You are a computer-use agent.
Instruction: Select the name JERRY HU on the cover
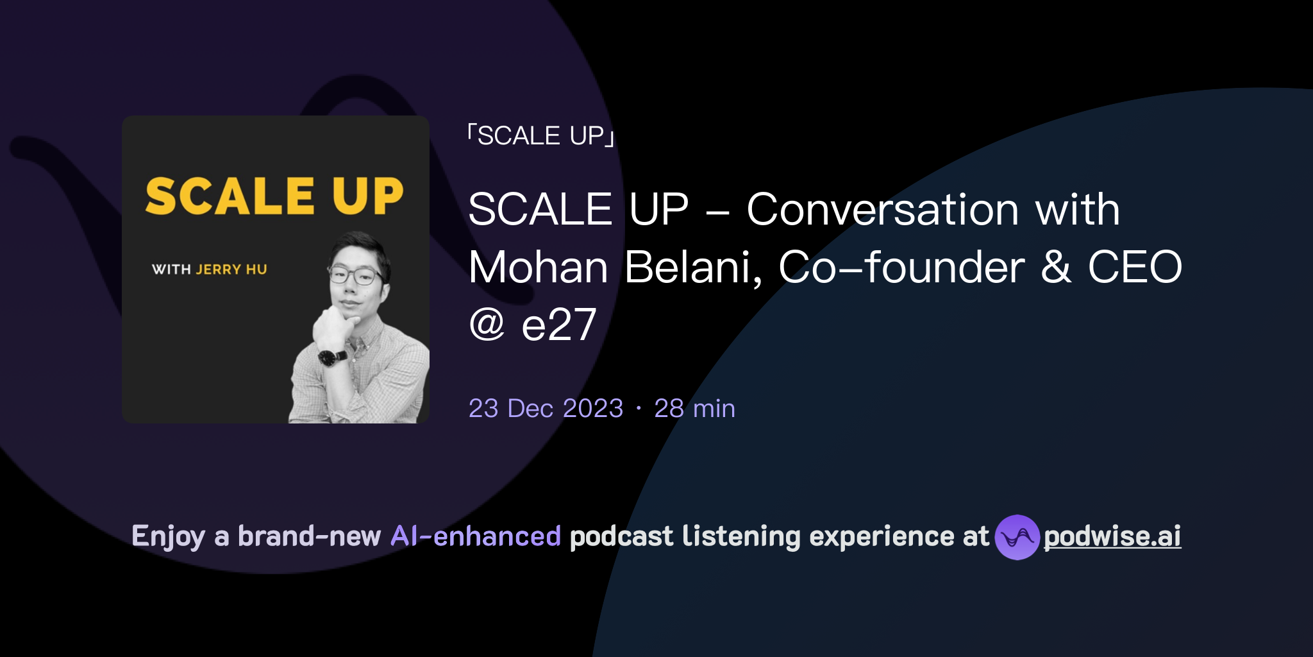click(231, 269)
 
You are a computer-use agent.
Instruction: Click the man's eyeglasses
click(355, 275)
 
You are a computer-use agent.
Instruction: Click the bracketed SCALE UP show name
click(540, 136)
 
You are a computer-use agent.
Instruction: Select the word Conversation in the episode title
click(882, 210)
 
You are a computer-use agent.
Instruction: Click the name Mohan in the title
click(538, 268)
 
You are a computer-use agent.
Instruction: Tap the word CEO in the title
click(1135, 268)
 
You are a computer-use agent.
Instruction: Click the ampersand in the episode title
click(1055, 268)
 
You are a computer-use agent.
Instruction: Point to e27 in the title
click(559, 325)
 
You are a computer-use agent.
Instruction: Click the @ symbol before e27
click(487, 325)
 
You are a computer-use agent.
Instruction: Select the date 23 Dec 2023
click(546, 409)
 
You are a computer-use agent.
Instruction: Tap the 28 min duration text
click(694, 409)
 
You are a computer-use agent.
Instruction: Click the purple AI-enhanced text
click(476, 536)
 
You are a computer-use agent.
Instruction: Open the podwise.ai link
click(1112, 536)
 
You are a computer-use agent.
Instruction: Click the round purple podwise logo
click(1017, 537)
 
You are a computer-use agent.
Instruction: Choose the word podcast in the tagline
click(621, 536)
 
